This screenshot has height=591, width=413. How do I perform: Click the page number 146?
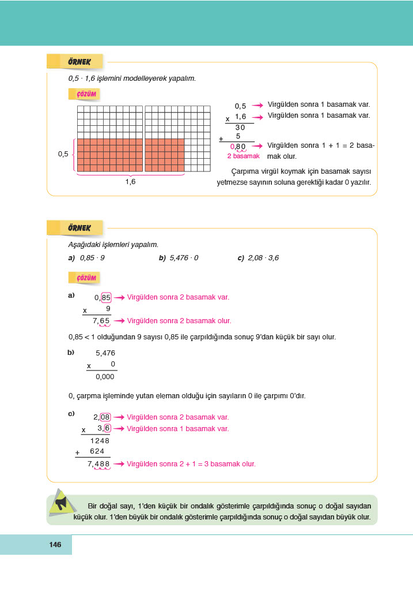point(55,545)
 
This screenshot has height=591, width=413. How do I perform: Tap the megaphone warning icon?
point(61,503)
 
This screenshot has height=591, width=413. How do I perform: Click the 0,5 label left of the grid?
point(63,154)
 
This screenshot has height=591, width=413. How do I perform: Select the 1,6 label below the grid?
point(130,181)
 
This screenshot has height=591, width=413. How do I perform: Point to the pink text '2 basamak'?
point(243,156)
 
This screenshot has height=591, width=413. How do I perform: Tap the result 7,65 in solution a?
point(101,321)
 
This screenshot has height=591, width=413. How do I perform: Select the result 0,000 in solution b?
point(105,377)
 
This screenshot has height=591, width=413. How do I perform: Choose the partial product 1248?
point(100,440)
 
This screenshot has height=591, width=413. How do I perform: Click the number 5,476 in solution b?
point(105,353)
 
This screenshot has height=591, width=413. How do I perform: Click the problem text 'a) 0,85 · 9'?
point(86,258)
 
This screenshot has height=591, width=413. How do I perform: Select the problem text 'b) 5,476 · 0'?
point(179,258)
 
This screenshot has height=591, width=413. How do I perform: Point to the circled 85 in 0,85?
point(106,298)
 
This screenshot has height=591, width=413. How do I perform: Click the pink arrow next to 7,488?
point(119,463)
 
